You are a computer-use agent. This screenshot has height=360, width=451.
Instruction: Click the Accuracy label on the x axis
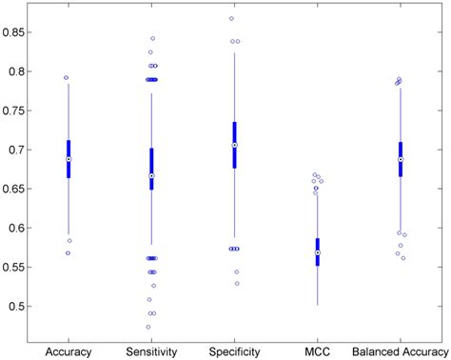pyautogui.click(x=69, y=351)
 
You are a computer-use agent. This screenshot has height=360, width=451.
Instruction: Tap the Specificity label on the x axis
pyautogui.click(x=234, y=351)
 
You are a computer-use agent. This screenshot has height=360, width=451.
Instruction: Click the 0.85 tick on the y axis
pyautogui.click(x=15, y=32)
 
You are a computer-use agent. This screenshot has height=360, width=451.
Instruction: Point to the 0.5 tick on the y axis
pyautogui.click(x=18, y=307)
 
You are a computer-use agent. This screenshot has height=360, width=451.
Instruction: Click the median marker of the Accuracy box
pyautogui.click(x=69, y=160)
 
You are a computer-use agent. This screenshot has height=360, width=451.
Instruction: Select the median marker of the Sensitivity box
pyautogui.click(x=151, y=176)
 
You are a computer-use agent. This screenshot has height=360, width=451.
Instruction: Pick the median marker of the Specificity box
pyautogui.click(x=234, y=145)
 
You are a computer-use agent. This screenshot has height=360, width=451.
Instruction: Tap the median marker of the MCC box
pyautogui.click(x=317, y=252)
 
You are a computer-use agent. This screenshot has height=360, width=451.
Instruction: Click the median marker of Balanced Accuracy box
pyautogui.click(x=401, y=159)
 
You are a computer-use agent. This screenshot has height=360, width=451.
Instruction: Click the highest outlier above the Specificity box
pyautogui.click(x=231, y=18)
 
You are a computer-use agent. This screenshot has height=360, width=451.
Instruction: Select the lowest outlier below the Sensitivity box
pyautogui.click(x=148, y=327)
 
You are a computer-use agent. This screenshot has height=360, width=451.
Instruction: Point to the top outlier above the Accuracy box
pyautogui.click(x=66, y=78)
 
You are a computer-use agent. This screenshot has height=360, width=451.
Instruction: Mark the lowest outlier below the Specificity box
pyautogui.click(x=237, y=283)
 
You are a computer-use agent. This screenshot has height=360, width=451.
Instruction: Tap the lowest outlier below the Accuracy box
pyautogui.click(x=66, y=253)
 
